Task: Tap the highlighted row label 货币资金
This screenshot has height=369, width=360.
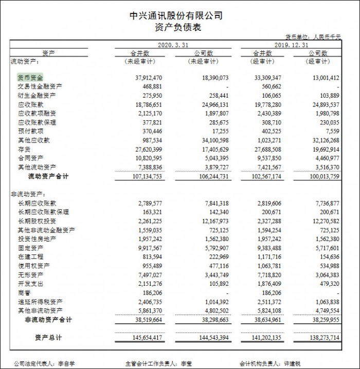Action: pyautogui.click(x=30, y=78)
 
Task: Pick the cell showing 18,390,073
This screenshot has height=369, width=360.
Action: pyautogui.click(x=210, y=78)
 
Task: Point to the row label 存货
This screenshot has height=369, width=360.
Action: pyautogui.click(x=24, y=150)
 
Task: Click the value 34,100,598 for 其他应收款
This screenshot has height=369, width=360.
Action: pyautogui.click(x=210, y=140)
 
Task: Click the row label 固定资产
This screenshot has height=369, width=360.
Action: pyautogui.click(x=30, y=248)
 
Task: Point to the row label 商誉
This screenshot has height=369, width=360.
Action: pyautogui.click(x=24, y=292)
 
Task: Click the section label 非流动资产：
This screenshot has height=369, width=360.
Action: pyautogui.click(x=28, y=195)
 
